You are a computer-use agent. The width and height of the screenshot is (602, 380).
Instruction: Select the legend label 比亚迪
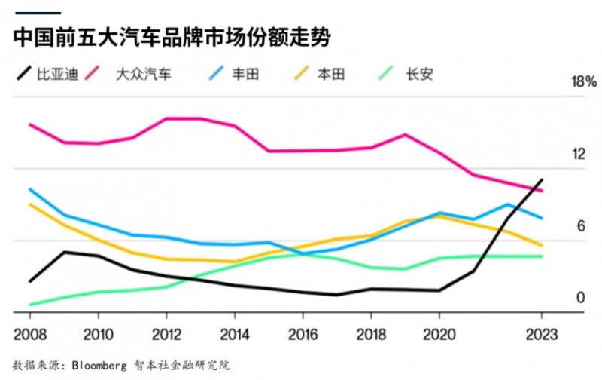coord(58,74)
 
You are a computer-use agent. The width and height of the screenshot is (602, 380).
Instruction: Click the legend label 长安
coord(418,74)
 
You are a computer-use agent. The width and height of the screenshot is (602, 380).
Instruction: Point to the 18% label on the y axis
coord(585,82)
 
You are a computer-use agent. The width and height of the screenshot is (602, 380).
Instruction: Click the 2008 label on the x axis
coord(29,334)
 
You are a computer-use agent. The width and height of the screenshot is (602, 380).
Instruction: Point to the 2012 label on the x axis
coord(166,334)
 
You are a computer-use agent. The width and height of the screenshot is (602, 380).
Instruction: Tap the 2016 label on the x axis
coord(303,334)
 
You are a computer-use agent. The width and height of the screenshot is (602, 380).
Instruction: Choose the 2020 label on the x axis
coord(439,334)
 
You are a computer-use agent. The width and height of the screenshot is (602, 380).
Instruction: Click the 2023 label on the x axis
coord(541,334)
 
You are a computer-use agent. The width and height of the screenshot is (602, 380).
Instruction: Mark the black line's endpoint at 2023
coord(542,179)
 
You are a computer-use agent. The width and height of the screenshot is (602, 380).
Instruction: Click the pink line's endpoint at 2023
coord(542,190)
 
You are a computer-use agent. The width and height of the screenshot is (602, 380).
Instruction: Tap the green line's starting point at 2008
coord(29,305)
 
